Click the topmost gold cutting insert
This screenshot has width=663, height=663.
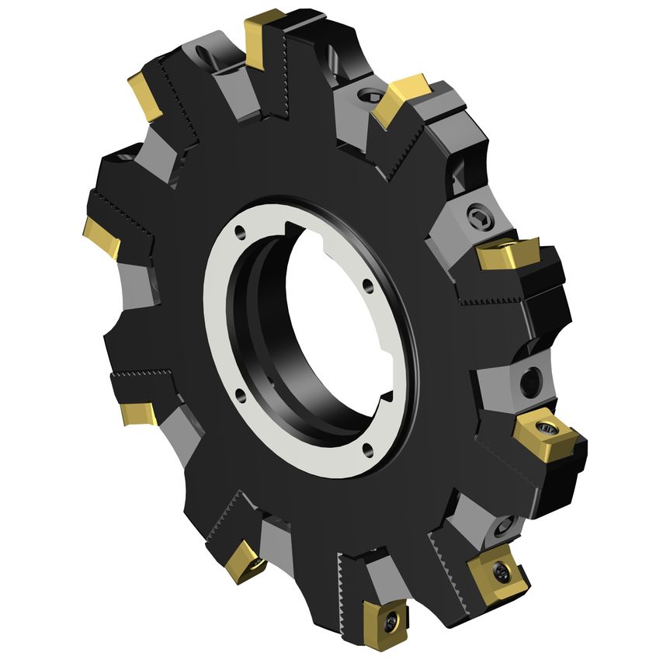(263, 34)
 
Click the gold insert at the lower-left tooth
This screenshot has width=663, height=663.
(140, 413)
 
